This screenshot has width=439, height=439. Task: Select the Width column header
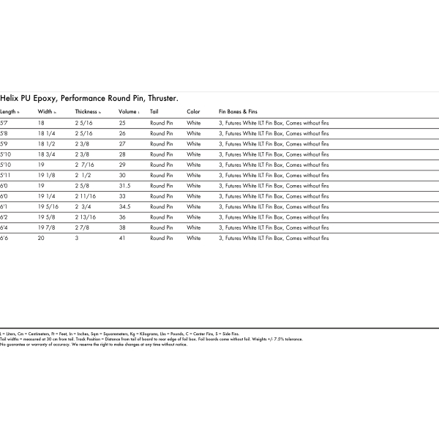point(45,112)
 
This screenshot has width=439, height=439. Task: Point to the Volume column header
point(128,112)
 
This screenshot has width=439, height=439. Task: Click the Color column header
point(193,112)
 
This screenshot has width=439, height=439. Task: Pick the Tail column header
point(154,112)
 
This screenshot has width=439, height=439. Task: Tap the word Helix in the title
point(9,97)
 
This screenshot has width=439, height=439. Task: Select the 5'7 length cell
point(4,124)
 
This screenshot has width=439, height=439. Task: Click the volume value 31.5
point(124,186)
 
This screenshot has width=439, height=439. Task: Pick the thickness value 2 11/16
point(85,197)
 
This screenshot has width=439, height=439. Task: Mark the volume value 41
point(122,239)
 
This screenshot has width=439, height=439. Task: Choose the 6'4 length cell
point(4,228)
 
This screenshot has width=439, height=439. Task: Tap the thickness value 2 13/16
point(85,217)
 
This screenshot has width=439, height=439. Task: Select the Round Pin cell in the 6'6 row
point(162,239)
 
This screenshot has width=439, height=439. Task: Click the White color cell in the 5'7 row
point(194,124)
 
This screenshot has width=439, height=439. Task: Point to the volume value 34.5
point(124,207)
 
